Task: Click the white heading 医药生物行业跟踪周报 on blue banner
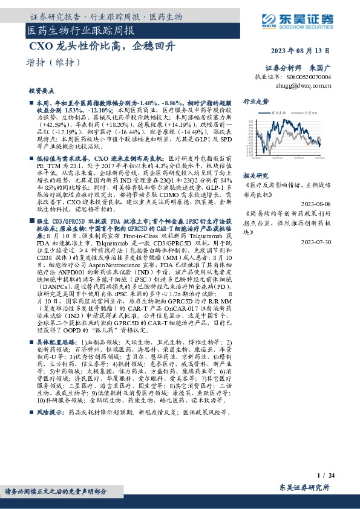click(x=81, y=30)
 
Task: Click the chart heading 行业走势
click(x=255, y=101)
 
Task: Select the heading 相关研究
click(x=255, y=174)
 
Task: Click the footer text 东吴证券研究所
click(x=304, y=487)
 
